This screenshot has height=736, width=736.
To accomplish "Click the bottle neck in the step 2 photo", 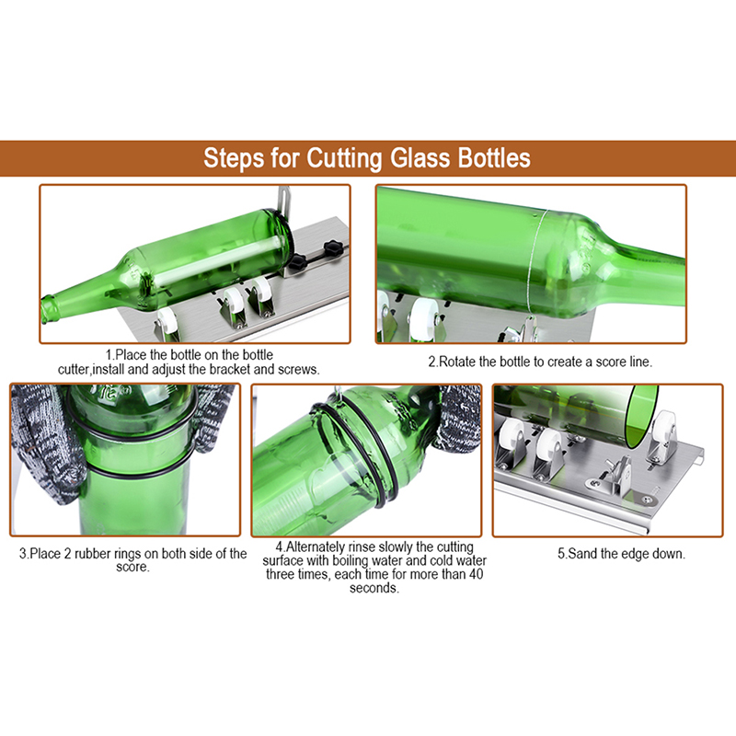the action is click(643, 267).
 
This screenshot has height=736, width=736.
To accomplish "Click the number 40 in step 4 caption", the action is click(476, 574).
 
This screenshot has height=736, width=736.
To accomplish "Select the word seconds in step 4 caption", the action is click(374, 588).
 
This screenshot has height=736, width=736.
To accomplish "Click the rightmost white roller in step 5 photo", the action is click(663, 431).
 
